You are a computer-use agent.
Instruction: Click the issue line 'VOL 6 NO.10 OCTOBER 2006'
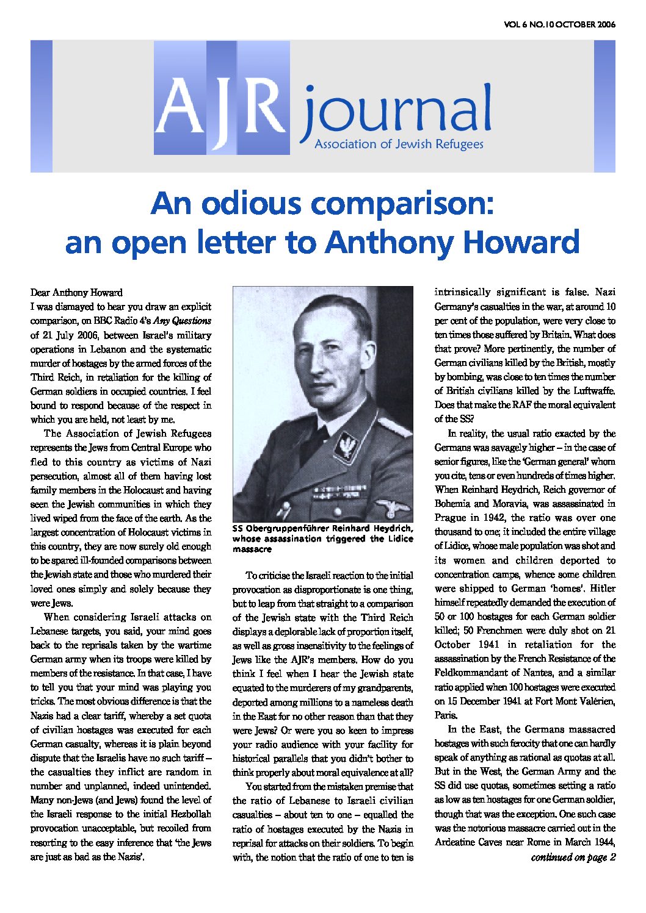pyautogui.click(x=559, y=25)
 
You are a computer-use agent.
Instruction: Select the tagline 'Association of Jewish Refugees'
pyautogui.click(x=398, y=145)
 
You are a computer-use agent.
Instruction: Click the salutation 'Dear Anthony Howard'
pyautogui.click(x=76, y=292)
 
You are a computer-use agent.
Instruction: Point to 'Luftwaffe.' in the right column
pyautogui.click(x=594, y=391)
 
